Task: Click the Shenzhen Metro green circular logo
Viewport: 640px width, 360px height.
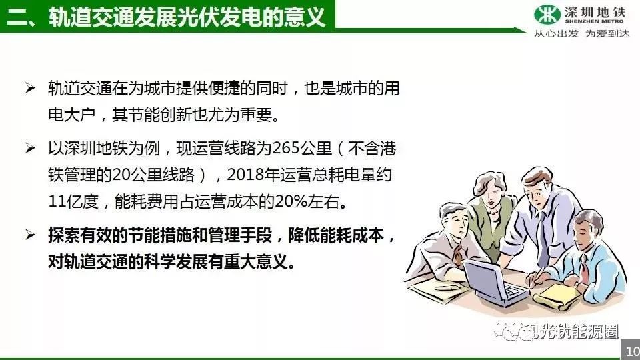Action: pyautogui.click(x=547, y=14)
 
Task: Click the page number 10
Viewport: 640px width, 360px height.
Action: pyautogui.click(x=633, y=351)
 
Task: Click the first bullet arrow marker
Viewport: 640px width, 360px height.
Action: pyautogui.click(x=30, y=88)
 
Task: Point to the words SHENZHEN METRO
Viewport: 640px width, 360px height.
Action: pyautogui.click(x=594, y=21)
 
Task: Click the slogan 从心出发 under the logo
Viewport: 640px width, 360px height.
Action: pyautogui.click(x=556, y=33)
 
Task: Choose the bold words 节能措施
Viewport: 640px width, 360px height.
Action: pyautogui.click(x=160, y=235)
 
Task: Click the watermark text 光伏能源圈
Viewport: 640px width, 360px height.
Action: pyautogui.click(x=577, y=332)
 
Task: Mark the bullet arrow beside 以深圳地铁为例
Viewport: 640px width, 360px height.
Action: pyautogui.click(x=30, y=148)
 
